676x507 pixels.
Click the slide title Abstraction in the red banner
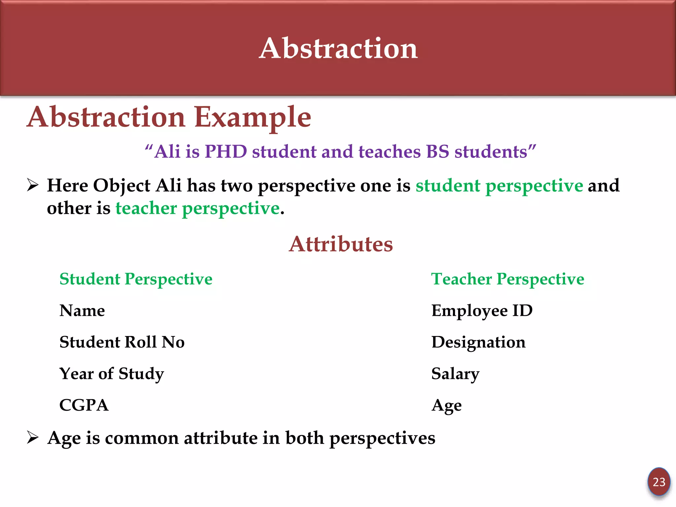click(x=338, y=49)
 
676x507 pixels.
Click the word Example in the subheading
click(x=253, y=118)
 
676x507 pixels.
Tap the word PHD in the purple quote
click(x=226, y=152)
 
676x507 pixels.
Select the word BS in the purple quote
click(x=437, y=152)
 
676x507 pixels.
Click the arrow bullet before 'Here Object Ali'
click(x=33, y=185)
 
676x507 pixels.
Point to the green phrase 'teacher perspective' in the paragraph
click(x=197, y=209)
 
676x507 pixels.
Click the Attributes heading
click(x=341, y=244)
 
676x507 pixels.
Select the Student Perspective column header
click(x=136, y=279)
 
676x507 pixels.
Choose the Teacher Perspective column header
click(x=508, y=279)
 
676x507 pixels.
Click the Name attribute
click(x=82, y=311)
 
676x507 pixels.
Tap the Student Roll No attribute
click(x=122, y=342)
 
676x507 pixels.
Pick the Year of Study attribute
click(x=112, y=374)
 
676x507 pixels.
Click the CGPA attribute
click(x=84, y=405)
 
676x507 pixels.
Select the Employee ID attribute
click(x=482, y=311)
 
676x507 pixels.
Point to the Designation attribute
click(x=478, y=342)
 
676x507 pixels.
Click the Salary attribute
click(x=455, y=374)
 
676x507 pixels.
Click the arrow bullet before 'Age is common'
click(x=33, y=438)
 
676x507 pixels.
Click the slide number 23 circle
click(x=659, y=482)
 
